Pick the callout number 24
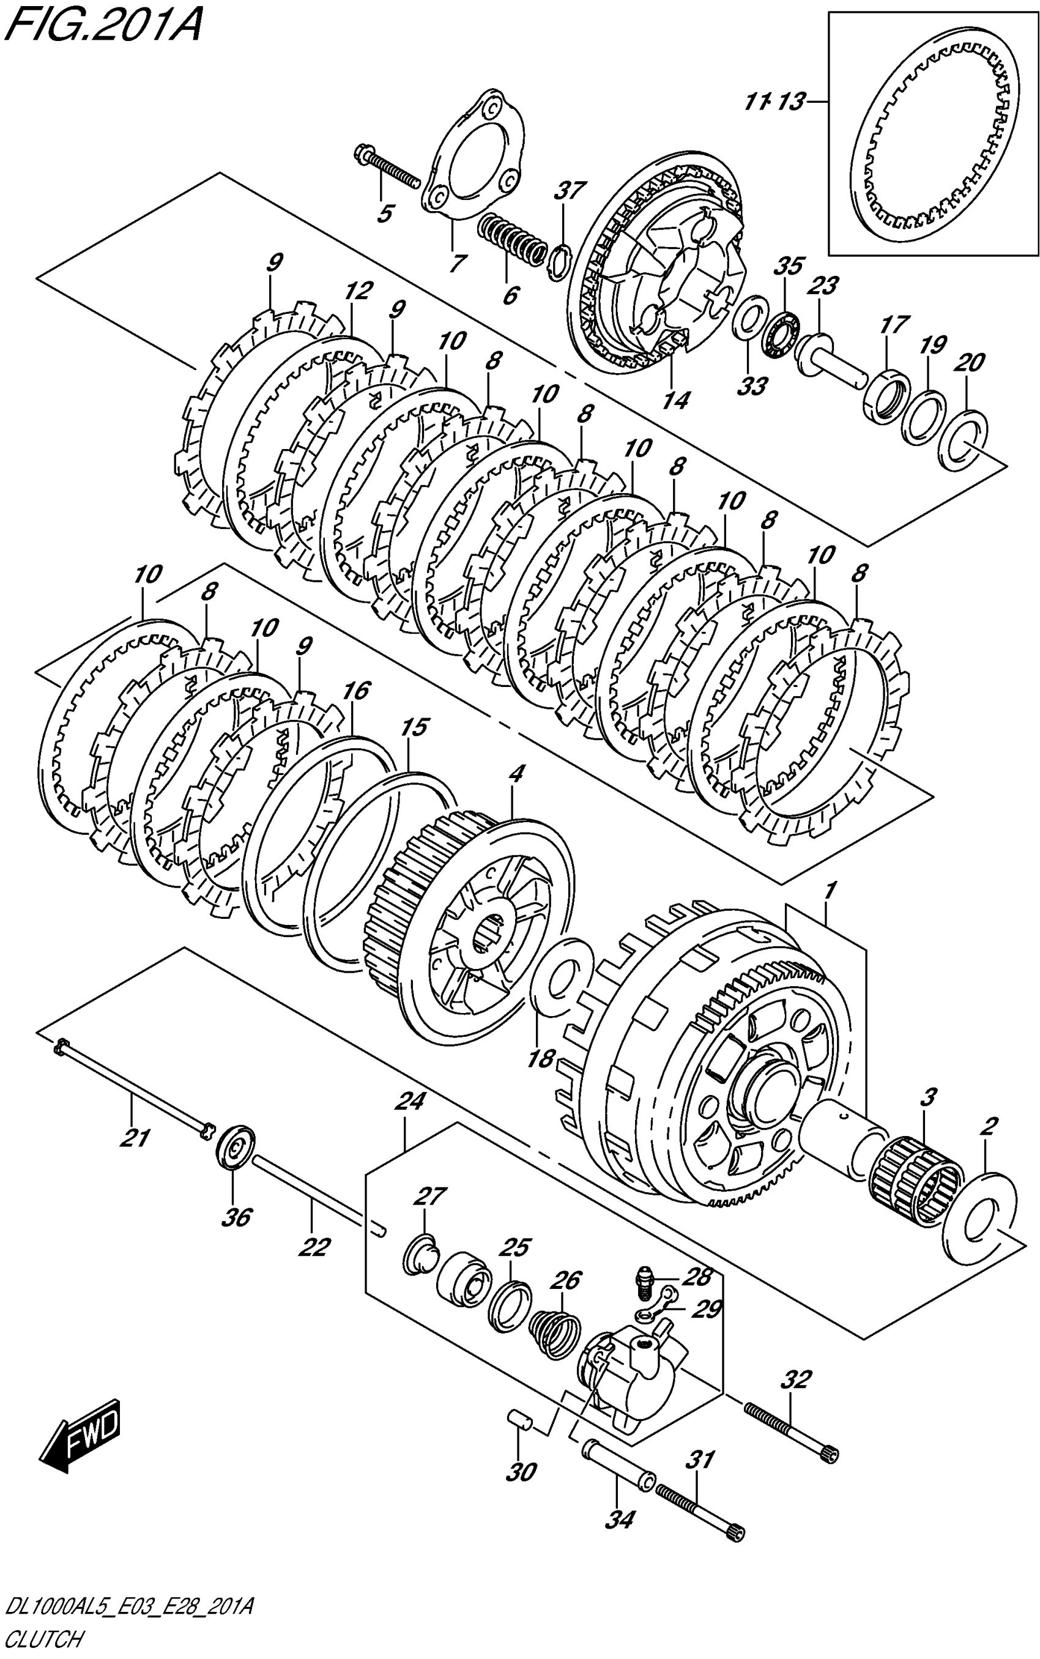(x=410, y=1102)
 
